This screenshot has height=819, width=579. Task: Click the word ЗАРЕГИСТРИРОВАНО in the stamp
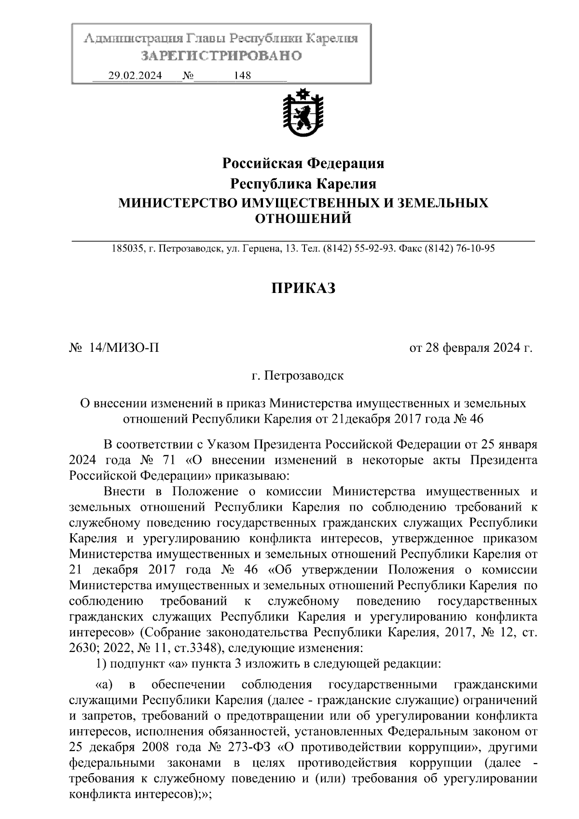(x=221, y=56)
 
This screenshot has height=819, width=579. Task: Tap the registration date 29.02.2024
(x=135, y=76)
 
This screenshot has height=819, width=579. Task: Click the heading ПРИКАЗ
(x=303, y=288)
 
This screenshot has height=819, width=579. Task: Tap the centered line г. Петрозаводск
(x=298, y=375)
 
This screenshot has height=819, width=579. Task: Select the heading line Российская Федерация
(x=303, y=164)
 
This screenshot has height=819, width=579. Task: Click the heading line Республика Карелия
(x=303, y=184)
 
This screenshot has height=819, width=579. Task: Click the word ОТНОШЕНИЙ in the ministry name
(x=303, y=219)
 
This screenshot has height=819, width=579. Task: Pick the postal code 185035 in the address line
(x=127, y=249)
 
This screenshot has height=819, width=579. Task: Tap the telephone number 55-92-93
(x=368, y=249)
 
